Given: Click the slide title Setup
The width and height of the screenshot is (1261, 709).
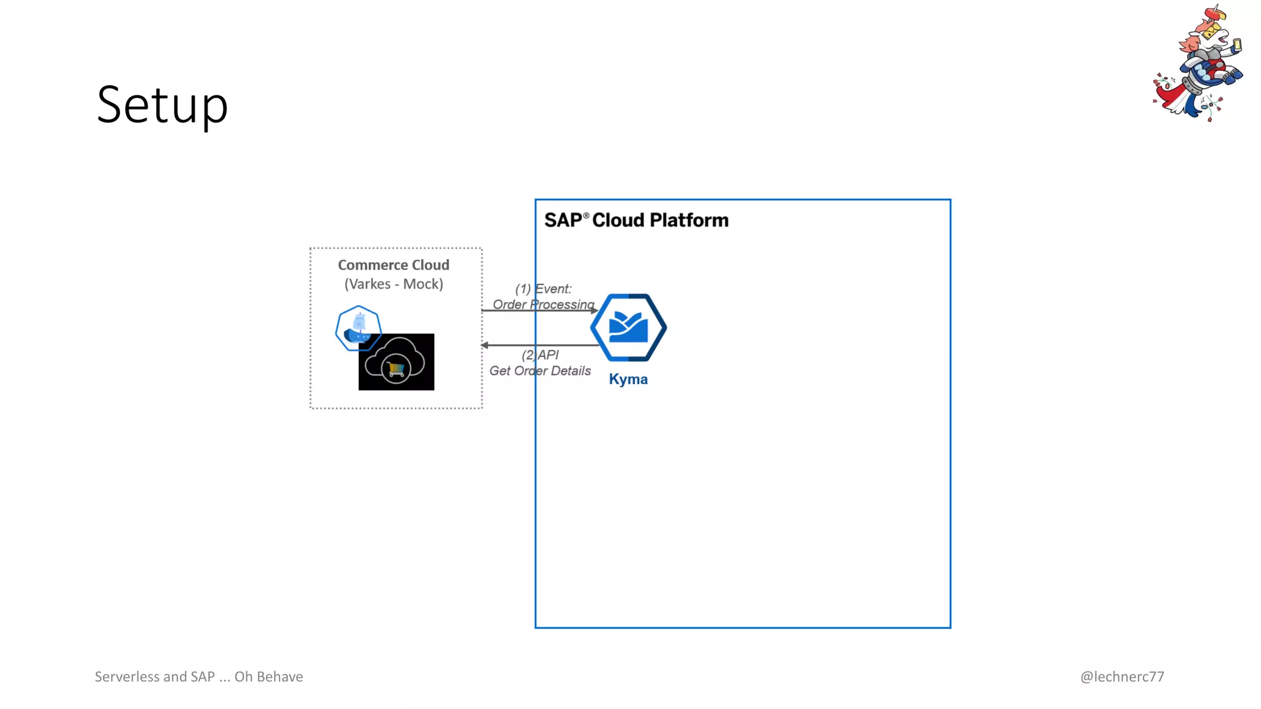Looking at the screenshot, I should (163, 105).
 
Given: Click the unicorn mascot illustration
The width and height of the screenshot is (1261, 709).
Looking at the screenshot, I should (1198, 65).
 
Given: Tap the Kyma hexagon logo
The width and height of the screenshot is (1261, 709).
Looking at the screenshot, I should (628, 327).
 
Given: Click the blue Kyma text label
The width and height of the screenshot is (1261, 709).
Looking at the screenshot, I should (628, 379).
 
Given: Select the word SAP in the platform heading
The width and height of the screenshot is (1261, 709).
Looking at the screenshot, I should (563, 220).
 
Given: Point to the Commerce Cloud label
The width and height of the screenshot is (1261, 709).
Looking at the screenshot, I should (393, 265).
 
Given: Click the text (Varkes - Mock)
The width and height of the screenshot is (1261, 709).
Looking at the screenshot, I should (393, 284).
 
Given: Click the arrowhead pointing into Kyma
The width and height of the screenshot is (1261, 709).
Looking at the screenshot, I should (594, 311).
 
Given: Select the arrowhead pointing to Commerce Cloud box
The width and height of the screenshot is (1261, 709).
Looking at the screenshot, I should (485, 345).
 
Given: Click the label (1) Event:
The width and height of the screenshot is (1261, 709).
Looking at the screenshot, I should (543, 289).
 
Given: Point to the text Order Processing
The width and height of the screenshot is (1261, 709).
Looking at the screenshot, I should (543, 304).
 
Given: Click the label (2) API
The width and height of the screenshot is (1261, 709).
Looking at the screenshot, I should (540, 355).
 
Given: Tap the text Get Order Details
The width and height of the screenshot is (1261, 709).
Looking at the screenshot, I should (540, 371).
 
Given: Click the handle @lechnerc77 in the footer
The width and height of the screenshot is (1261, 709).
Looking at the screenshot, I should (1122, 676).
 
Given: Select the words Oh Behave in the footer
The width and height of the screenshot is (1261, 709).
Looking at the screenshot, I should (268, 676).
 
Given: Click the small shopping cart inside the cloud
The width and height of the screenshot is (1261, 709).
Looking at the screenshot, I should (396, 369).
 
